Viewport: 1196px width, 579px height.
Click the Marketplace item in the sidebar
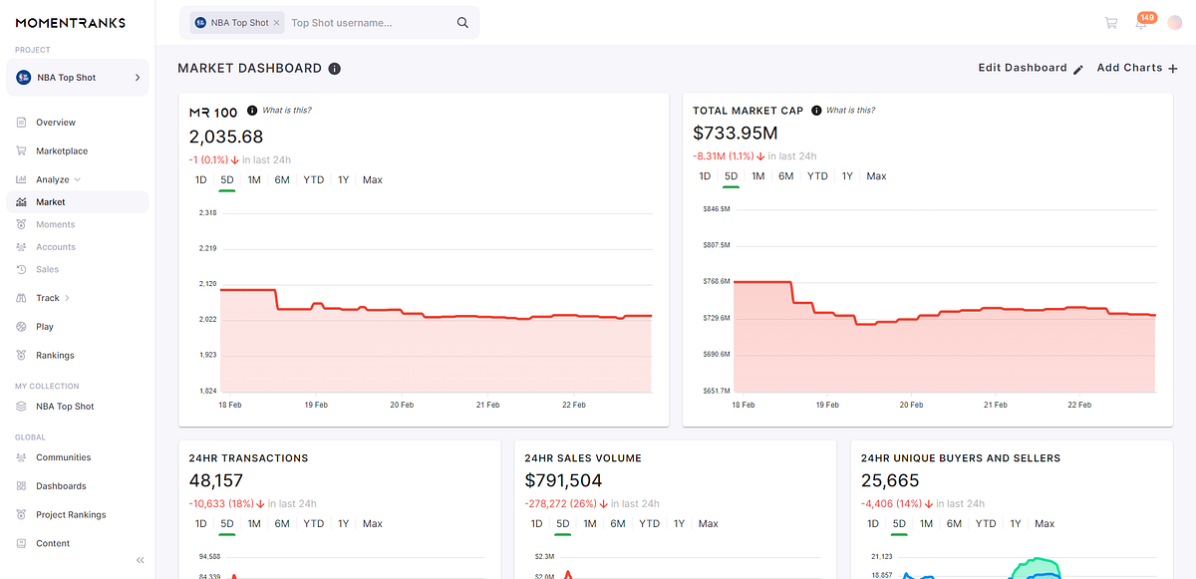(61, 151)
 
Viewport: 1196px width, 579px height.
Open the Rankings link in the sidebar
(55, 356)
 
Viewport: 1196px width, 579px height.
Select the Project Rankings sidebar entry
(70, 515)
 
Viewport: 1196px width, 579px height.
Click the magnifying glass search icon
(462, 23)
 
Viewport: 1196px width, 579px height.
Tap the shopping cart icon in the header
(1110, 23)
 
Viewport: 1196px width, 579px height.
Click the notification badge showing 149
(1146, 17)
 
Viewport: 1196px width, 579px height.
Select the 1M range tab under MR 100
(254, 180)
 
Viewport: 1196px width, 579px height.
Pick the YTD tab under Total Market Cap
(817, 176)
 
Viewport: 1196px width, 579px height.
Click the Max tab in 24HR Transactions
(372, 524)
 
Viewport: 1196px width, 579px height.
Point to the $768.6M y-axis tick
(717, 282)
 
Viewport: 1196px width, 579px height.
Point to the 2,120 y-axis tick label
(208, 284)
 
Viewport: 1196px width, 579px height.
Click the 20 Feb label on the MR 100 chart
(402, 406)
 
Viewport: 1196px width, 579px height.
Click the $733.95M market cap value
(736, 134)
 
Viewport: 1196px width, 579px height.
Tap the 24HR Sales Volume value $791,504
(563, 481)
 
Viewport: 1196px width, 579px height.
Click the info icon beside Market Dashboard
(335, 69)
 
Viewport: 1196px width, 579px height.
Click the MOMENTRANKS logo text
(70, 22)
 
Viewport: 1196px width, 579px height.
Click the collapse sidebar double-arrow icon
(140, 560)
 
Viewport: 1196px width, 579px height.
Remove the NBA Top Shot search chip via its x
(276, 23)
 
